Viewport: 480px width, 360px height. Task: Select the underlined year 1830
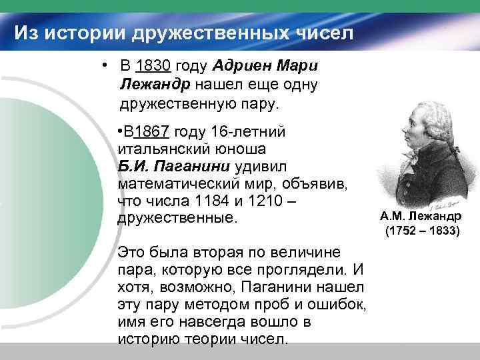[x=153, y=66]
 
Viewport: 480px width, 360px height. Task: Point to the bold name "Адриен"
[x=241, y=66]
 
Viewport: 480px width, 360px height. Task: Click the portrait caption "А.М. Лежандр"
[x=420, y=217]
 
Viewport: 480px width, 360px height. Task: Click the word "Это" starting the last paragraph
[x=131, y=253]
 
